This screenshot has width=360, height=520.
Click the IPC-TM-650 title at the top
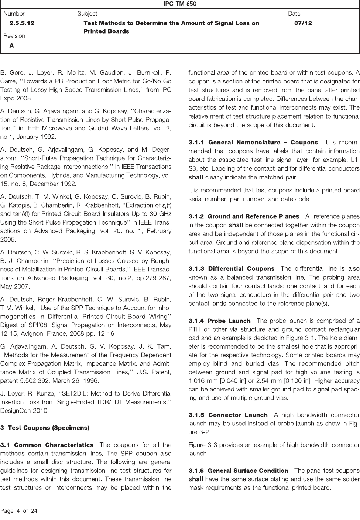180,4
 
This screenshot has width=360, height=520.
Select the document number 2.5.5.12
22,23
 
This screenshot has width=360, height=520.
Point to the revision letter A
12,45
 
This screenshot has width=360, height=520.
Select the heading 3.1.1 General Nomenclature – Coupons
253,142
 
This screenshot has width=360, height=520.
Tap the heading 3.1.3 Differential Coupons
232,268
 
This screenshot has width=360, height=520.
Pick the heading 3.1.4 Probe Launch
219,321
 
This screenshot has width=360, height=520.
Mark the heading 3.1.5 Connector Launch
228,415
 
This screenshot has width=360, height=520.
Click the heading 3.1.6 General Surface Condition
238,471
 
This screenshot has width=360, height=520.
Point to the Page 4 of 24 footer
19,511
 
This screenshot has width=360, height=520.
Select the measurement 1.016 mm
201,380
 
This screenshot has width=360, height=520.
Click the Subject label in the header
87,14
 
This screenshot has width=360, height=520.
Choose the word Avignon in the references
52,334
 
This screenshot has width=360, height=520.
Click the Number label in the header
14,14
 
